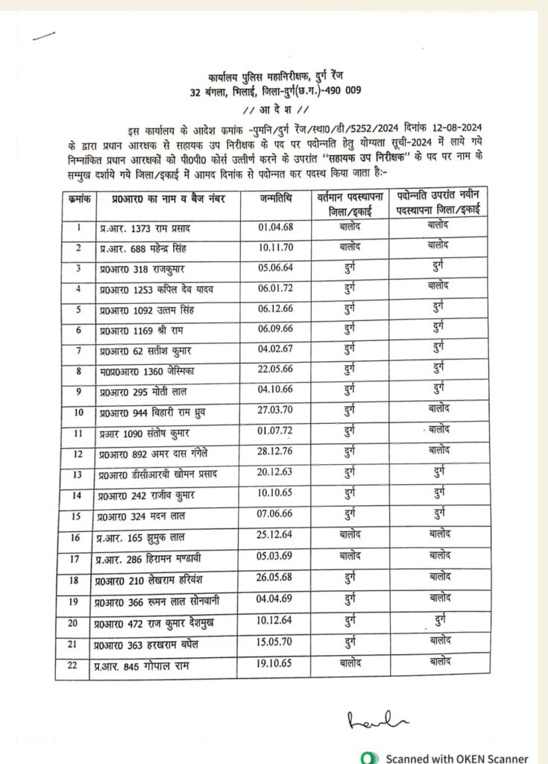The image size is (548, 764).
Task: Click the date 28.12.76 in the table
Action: [x=274, y=453]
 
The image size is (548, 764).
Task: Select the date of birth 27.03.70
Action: [x=274, y=410]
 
